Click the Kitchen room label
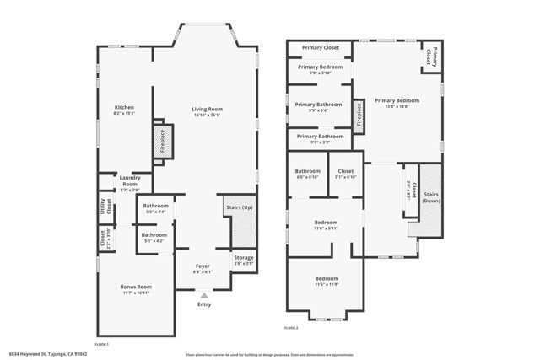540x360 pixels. click(x=124, y=107)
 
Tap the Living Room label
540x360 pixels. click(x=206, y=109)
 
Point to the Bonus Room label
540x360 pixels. click(x=135, y=287)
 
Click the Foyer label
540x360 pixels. click(x=202, y=266)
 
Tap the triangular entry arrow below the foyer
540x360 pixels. click(x=203, y=296)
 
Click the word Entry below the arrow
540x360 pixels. click(x=204, y=304)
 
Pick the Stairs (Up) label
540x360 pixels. click(x=240, y=207)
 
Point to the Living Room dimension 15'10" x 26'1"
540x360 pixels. click(x=206, y=116)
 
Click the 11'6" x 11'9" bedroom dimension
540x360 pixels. click(x=327, y=284)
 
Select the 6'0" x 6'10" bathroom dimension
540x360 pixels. click(x=307, y=177)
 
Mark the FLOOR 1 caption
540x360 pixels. click(x=101, y=344)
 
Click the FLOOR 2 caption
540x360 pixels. click(x=291, y=327)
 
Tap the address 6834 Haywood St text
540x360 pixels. click(x=48, y=354)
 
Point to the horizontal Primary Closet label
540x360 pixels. click(x=321, y=47)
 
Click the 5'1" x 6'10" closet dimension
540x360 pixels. click(x=346, y=177)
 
